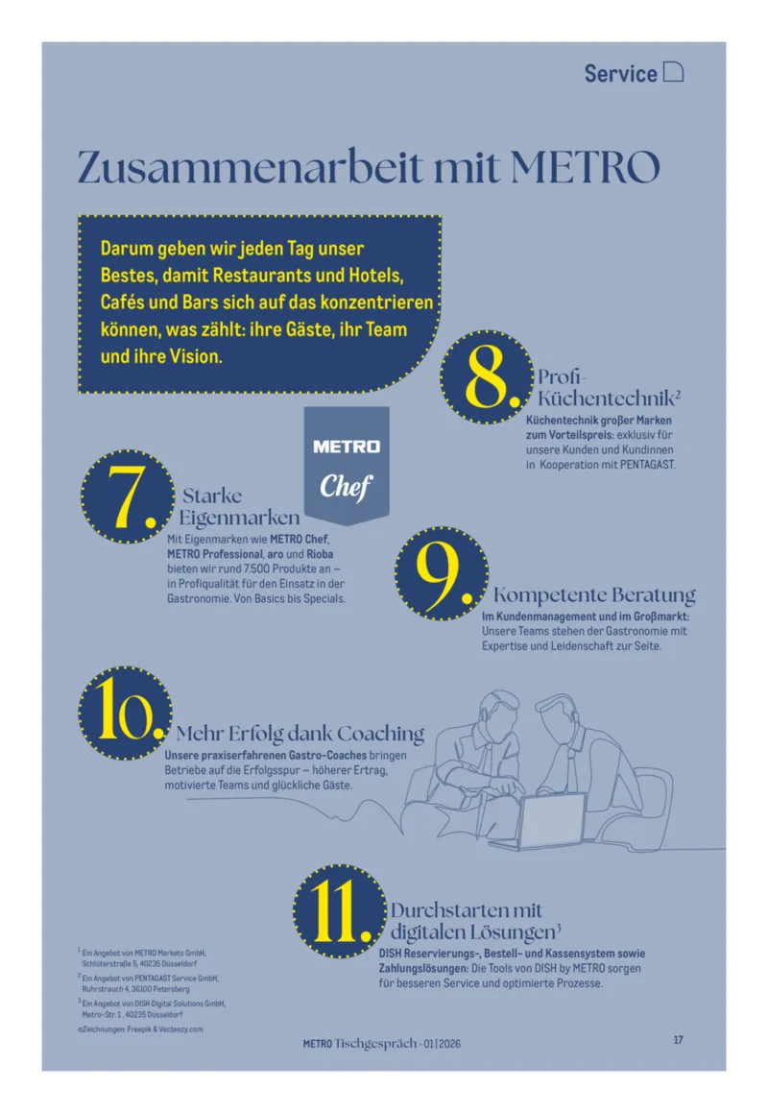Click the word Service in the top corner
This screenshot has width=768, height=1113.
[620, 73]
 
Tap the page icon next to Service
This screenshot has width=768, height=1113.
[673, 72]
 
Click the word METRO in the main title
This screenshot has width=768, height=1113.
[585, 167]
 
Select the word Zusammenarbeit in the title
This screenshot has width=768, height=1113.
[250, 167]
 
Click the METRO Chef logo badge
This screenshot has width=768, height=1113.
[347, 465]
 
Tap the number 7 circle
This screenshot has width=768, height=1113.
[128, 496]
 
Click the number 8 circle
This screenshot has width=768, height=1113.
[486, 376]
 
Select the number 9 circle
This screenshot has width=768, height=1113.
[442, 573]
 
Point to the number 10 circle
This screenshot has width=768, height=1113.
[125, 713]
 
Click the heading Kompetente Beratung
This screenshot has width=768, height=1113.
[594, 594]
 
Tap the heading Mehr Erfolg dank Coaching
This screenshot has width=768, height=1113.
[300, 734]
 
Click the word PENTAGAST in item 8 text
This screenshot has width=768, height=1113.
[647, 465]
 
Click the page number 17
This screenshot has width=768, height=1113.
[678, 1040]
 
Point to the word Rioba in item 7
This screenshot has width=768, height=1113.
[320, 554]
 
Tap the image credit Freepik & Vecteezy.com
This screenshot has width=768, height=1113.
[165, 1029]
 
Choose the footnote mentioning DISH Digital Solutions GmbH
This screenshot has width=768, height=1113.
[152, 1008]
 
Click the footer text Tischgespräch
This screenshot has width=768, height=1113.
[375, 1044]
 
